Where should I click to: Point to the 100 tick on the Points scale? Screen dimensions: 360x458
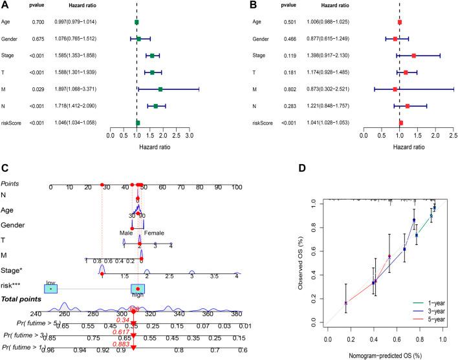(x=237, y=187)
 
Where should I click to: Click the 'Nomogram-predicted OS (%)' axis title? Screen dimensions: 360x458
(x=383, y=354)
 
